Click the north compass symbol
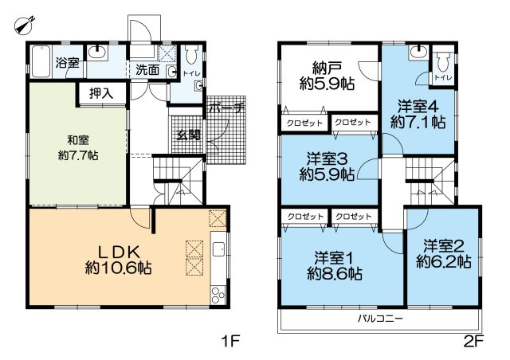[x=25, y=25]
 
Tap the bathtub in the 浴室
[x=41, y=61]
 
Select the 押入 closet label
[x=101, y=94]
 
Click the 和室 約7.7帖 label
[x=78, y=148]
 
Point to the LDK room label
[x=119, y=252]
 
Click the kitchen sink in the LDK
[x=218, y=250]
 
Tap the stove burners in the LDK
[x=218, y=295]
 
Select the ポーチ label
[x=226, y=108]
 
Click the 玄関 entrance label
[x=189, y=135]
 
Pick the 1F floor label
[x=230, y=342]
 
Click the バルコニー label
[x=380, y=318]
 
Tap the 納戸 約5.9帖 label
[x=327, y=76]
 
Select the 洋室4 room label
[x=418, y=107]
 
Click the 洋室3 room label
[x=327, y=159]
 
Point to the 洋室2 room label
[x=444, y=246]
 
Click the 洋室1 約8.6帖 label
[x=335, y=266]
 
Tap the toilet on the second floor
[x=443, y=61]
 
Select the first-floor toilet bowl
[x=191, y=54]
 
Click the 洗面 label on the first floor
[x=147, y=69]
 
